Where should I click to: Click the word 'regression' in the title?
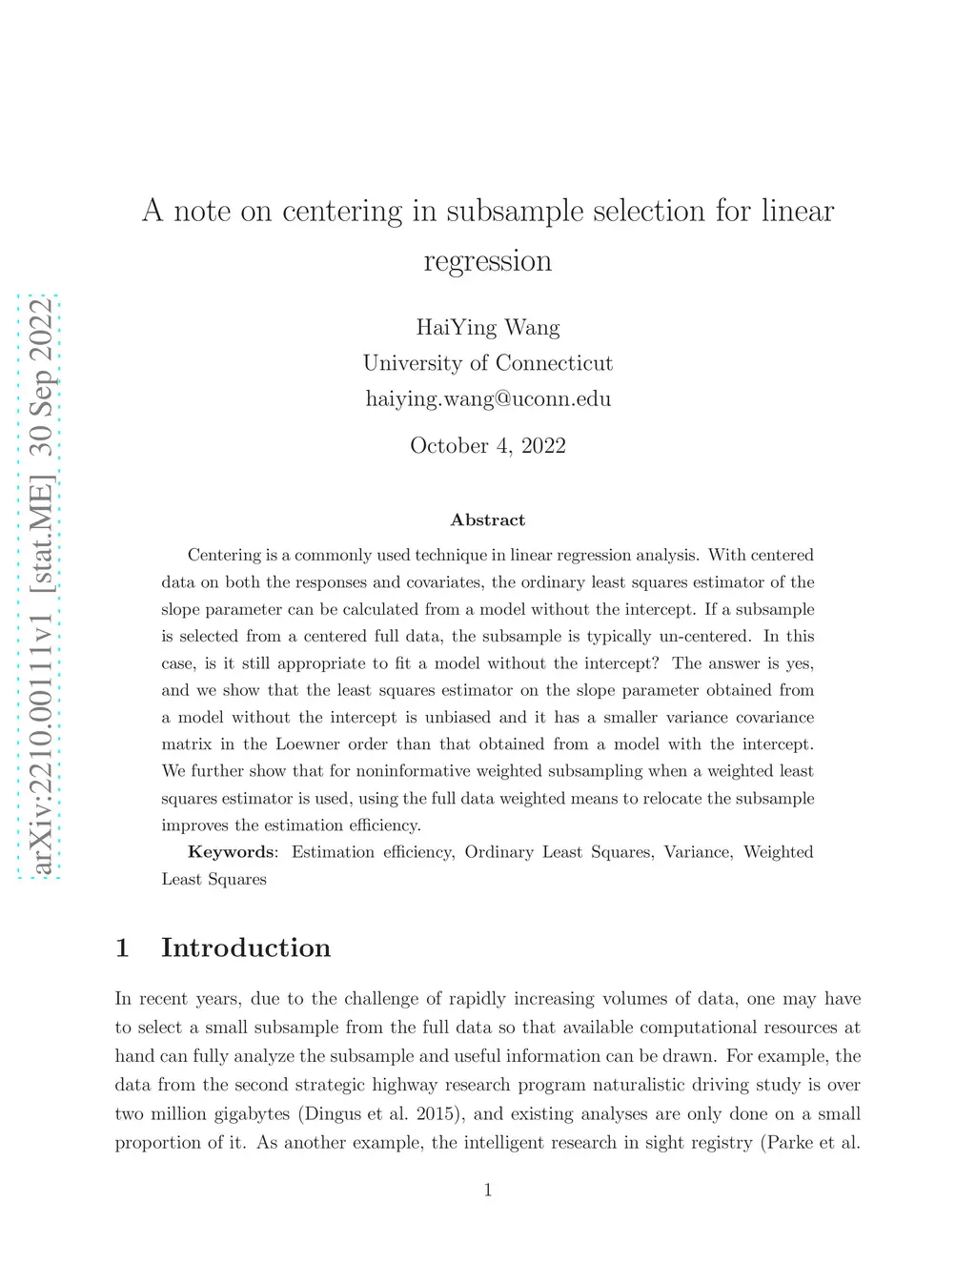tap(487, 261)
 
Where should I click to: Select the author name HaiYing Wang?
tap(487, 328)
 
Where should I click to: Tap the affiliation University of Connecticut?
tap(487, 363)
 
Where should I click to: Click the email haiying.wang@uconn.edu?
tap(487, 398)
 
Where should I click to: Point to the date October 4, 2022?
tap(487, 445)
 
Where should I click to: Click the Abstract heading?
tap(487, 519)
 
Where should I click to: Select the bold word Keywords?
tap(231, 852)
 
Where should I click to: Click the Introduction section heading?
tap(246, 947)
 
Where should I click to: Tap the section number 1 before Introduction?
tap(122, 947)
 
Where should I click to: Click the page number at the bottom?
tap(487, 1189)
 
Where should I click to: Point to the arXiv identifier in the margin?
tap(40, 753)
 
